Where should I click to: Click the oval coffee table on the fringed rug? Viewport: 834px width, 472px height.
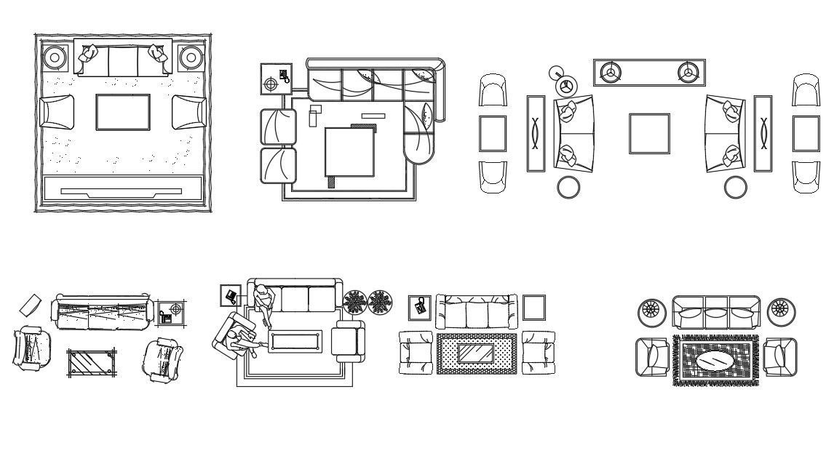click(715, 360)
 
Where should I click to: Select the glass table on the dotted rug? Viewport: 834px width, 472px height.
click(476, 354)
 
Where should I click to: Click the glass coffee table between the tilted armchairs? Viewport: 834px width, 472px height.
click(92, 361)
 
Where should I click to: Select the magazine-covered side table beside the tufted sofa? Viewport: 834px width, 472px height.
click(419, 307)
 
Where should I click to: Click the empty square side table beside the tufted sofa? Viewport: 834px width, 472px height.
click(533, 307)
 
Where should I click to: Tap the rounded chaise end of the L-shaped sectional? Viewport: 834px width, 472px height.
click(418, 148)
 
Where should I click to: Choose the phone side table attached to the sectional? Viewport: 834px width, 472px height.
click(274, 79)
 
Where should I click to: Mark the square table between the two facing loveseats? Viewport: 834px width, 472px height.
click(649, 133)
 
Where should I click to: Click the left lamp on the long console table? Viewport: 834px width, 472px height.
click(610, 71)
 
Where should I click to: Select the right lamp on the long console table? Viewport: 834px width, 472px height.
click(688, 71)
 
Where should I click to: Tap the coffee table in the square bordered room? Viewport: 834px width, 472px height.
click(123, 112)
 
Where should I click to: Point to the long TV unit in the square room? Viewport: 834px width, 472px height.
click(122, 189)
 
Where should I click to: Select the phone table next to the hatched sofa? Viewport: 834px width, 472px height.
click(171, 312)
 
